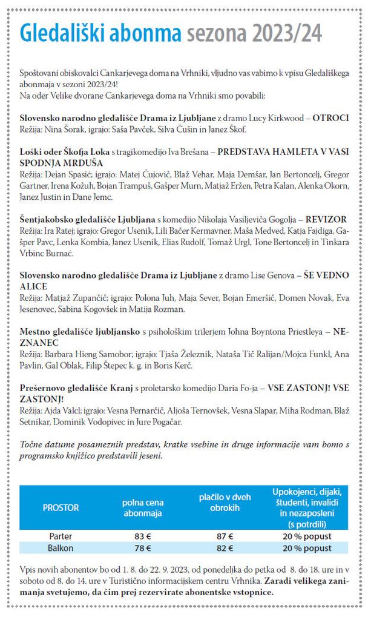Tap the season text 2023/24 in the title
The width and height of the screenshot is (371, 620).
click(x=286, y=32)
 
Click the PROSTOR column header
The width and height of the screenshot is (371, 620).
click(x=61, y=507)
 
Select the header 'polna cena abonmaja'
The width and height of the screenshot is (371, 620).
click(x=143, y=507)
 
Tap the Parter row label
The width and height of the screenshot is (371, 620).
click(x=61, y=536)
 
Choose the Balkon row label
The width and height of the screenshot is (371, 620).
click(x=61, y=548)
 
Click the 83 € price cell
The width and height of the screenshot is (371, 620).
click(x=143, y=536)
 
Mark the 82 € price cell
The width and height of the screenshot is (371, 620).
click(x=224, y=548)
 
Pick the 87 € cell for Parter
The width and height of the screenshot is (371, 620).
click(x=224, y=536)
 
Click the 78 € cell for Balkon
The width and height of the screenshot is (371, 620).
click(x=143, y=548)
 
